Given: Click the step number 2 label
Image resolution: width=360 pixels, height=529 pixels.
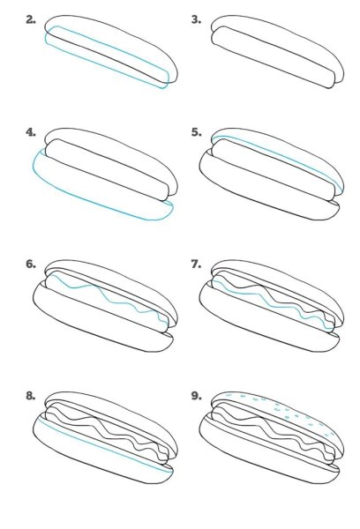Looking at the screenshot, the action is point(31,20).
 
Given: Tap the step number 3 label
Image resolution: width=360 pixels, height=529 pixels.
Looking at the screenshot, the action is point(196,20).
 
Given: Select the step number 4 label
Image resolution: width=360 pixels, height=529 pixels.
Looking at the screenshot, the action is point(31,132).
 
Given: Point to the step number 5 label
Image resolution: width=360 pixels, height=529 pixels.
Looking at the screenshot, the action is point(196,132).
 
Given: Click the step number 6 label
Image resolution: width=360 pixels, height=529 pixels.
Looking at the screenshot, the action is point(31,264).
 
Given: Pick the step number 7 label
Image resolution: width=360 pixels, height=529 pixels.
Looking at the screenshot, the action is point(196,264).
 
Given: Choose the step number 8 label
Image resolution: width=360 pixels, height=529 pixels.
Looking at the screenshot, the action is point(31,396).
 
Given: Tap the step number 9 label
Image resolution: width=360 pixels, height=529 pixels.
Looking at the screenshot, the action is point(196,396).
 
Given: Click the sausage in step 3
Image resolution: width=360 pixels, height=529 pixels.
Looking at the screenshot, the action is point(273,57).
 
